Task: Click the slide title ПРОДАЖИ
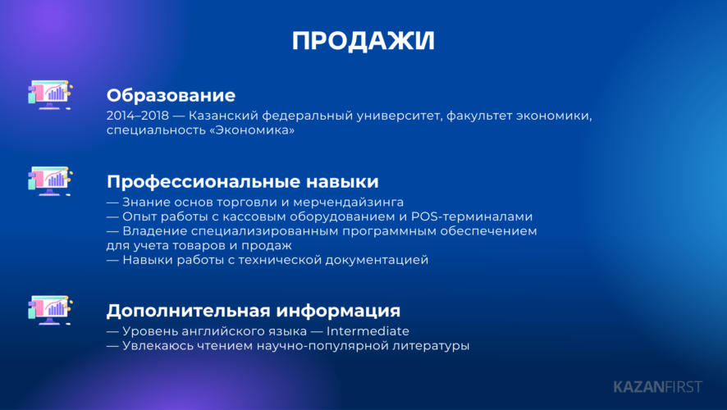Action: pyautogui.click(x=363, y=41)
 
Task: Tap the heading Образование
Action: pyautogui.click(x=171, y=95)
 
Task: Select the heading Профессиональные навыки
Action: pyautogui.click(x=243, y=181)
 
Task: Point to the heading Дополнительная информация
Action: pyautogui.click(x=254, y=311)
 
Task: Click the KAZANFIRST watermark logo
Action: pyautogui.click(x=658, y=387)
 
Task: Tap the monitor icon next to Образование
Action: pyautogui.click(x=49, y=95)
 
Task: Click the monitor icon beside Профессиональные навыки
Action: pyautogui.click(x=49, y=181)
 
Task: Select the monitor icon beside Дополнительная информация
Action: pyautogui.click(x=49, y=310)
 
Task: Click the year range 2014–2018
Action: pyautogui.click(x=138, y=116)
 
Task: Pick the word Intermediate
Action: pyautogui.click(x=368, y=331)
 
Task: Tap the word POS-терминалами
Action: pyautogui.click(x=472, y=216)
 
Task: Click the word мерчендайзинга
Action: pyautogui.click(x=348, y=203)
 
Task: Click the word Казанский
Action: pyautogui.click(x=224, y=116)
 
